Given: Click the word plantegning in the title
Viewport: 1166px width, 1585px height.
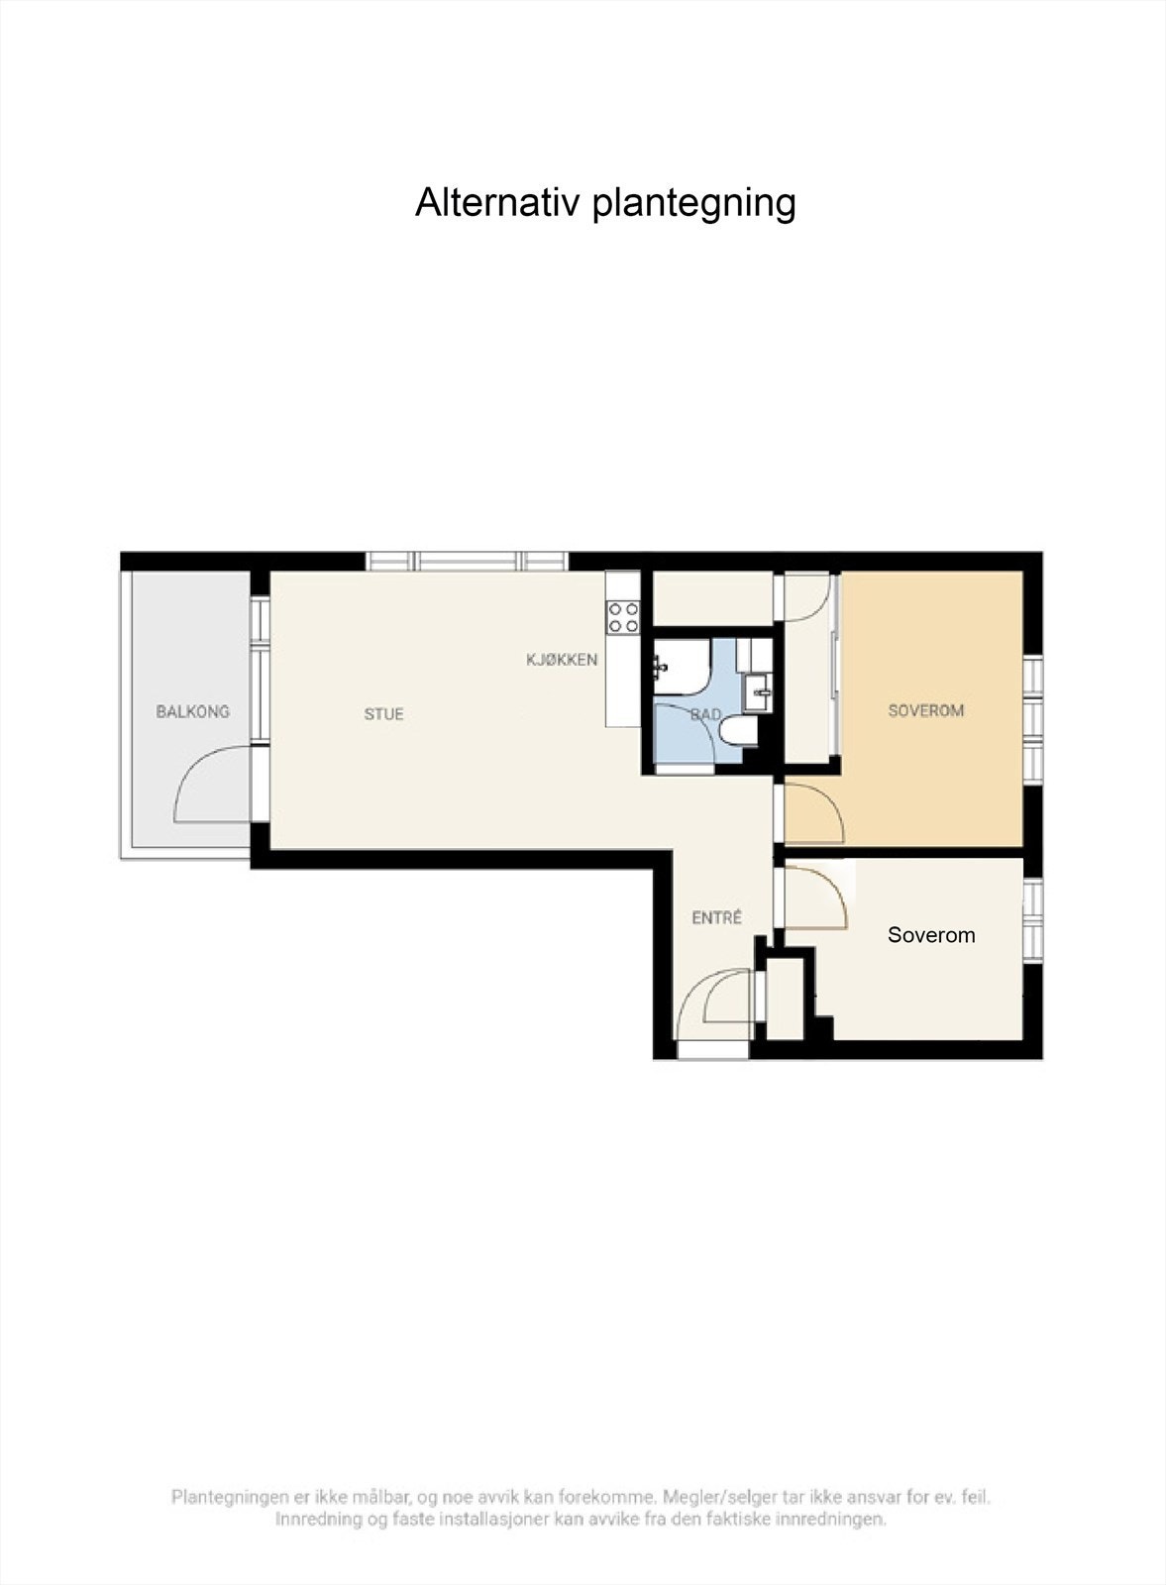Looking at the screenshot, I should (693, 204).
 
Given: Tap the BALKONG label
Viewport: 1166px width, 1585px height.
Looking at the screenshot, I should (192, 711).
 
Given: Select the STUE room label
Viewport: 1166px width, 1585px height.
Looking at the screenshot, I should (383, 713).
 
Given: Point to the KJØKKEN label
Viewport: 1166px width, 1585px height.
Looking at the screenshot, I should (562, 659).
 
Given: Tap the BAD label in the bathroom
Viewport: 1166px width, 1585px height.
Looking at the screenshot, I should (705, 714).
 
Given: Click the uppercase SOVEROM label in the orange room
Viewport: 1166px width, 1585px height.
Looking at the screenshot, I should (925, 710).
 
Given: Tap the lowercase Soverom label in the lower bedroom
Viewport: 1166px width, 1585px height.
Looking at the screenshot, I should (930, 934).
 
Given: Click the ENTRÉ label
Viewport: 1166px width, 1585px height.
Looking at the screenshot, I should (716, 918).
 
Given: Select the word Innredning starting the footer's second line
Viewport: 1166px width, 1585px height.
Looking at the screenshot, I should (317, 1519).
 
